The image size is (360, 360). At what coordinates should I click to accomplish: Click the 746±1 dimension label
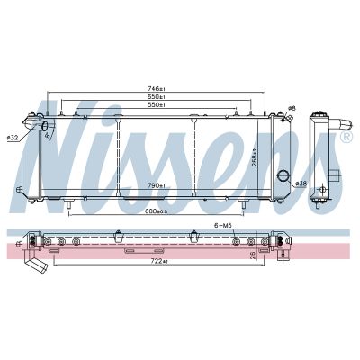[x=156, y=88]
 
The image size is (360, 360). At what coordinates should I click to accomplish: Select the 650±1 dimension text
[x=156, y=97]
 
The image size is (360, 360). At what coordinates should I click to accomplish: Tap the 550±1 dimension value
[x=156, y=106]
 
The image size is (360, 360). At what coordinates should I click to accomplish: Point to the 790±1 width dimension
[x=156, y=185]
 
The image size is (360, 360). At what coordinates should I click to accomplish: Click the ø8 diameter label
[x=291, y=109]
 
